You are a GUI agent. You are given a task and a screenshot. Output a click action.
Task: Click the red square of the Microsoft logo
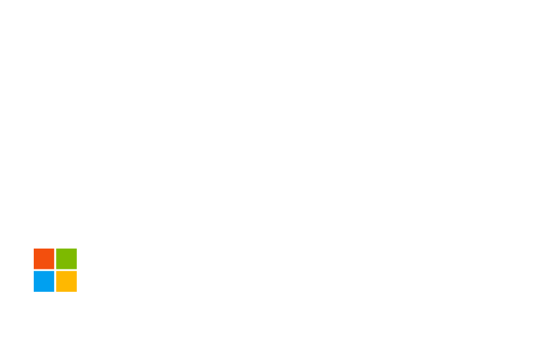click(x=44, y=259)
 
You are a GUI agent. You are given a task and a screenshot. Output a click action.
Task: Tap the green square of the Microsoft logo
click(x=66, y=259)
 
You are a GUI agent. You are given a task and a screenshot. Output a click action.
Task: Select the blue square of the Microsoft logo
click(x=44, y=281)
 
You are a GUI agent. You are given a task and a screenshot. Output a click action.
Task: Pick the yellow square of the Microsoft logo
click(x=66, y=281)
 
